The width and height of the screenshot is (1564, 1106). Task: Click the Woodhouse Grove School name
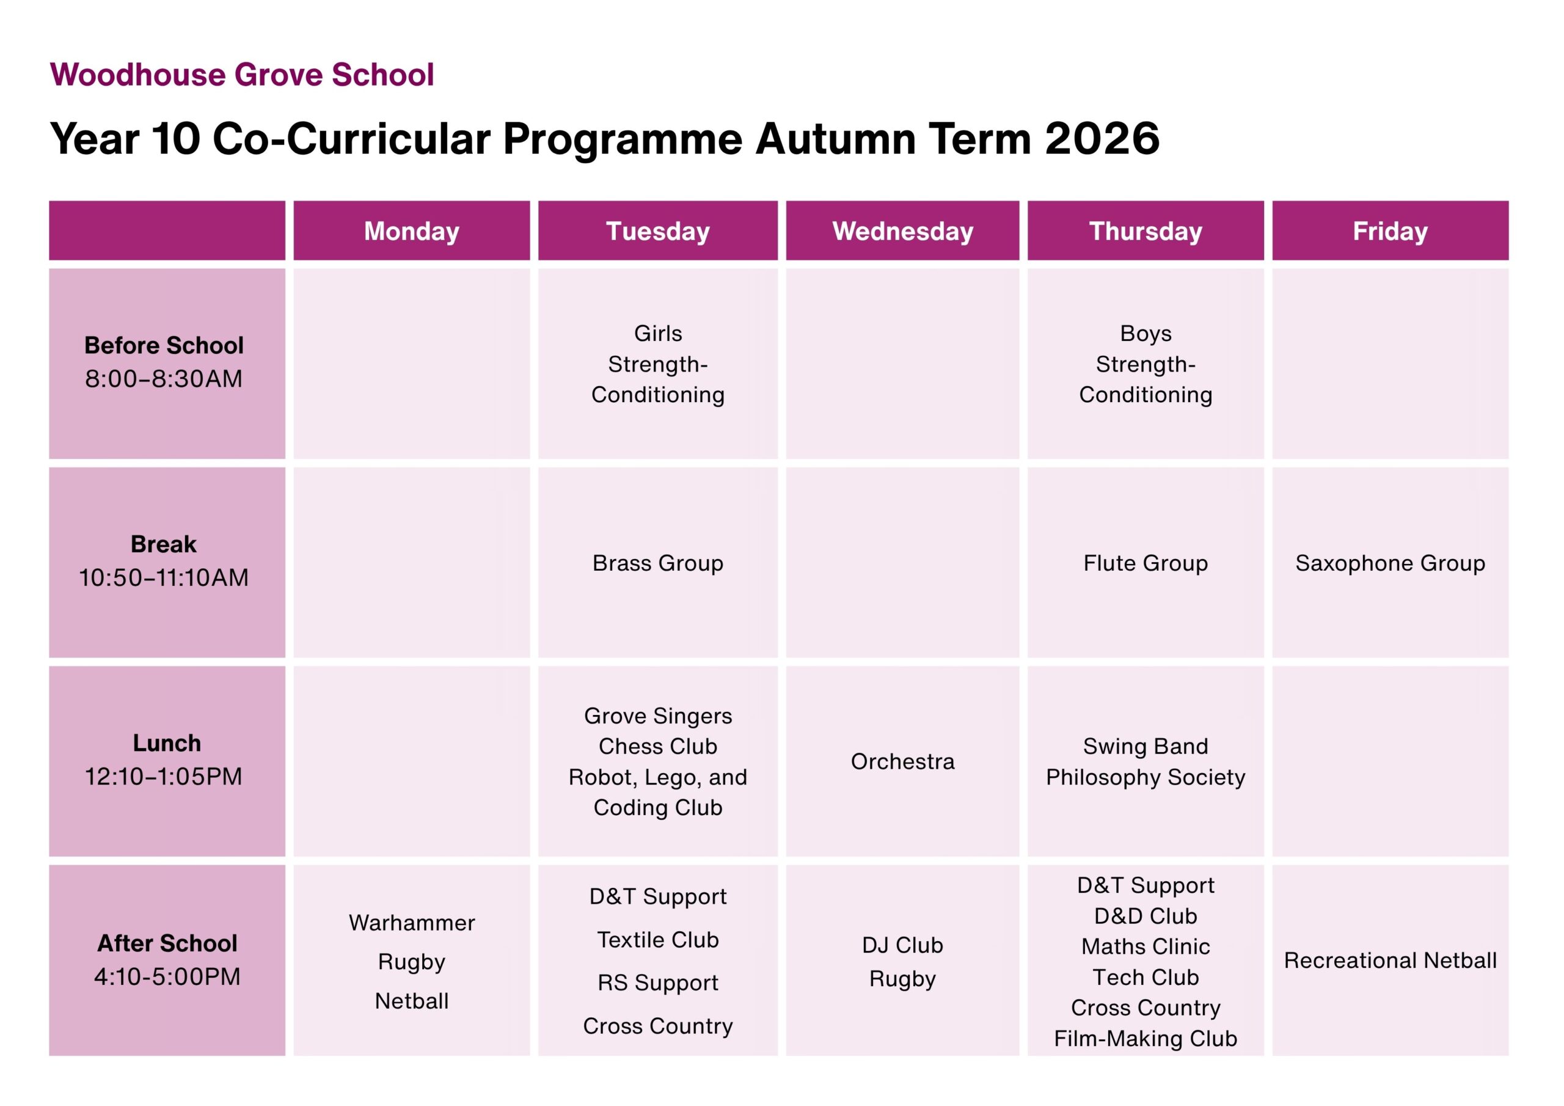pos(242,75)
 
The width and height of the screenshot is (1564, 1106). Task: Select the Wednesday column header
pos(902,231)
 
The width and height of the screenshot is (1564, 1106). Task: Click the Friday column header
pos(1390,231)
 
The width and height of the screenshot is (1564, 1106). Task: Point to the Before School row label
pos(164,345)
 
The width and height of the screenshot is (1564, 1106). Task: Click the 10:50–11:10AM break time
pos(164,578)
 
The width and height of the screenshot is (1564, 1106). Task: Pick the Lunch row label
pos(167,743)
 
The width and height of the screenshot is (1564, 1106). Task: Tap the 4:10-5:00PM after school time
pos(167,976)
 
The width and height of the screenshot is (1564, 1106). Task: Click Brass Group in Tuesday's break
pos(658,563)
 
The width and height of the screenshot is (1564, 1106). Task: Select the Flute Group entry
pos(1146,563)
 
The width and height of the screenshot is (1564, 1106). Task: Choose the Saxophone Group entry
pos(1390,563)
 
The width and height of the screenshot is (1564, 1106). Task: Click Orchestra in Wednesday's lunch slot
pos(902,761)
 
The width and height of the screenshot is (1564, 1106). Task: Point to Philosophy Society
pos(1146,777)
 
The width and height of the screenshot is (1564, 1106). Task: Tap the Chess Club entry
pos(658,746)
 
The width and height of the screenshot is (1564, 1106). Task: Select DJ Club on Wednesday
pos(902,945)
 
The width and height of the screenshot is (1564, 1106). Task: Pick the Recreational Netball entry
pos(1390,961)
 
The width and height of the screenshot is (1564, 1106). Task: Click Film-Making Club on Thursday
pos(1146,1039)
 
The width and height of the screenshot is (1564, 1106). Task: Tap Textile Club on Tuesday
pos(658,940)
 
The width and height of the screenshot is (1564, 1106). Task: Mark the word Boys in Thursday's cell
pos(1146,333)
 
